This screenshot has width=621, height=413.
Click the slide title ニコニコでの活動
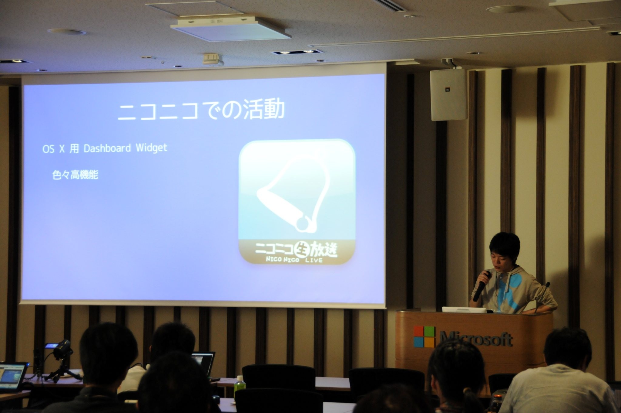coord(201,110)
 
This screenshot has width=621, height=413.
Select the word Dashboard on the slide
coord(107,148)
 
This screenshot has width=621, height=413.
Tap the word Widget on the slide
coord(152,148)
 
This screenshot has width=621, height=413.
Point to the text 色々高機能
coord(75,175)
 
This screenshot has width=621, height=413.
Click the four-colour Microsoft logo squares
coord(425,337)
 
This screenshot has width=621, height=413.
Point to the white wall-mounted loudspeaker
coord(447,94)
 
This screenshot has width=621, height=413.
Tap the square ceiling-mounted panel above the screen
coord(230,28)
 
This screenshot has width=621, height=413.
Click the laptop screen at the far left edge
coord(12,377)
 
